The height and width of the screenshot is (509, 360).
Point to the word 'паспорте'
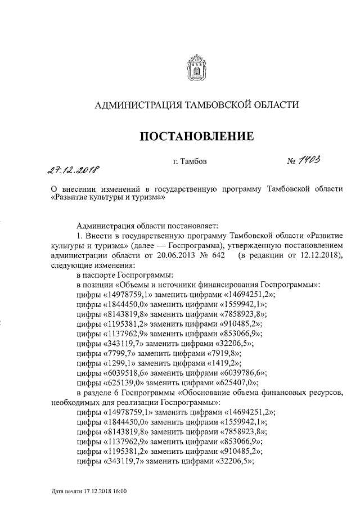tap(100, 275)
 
